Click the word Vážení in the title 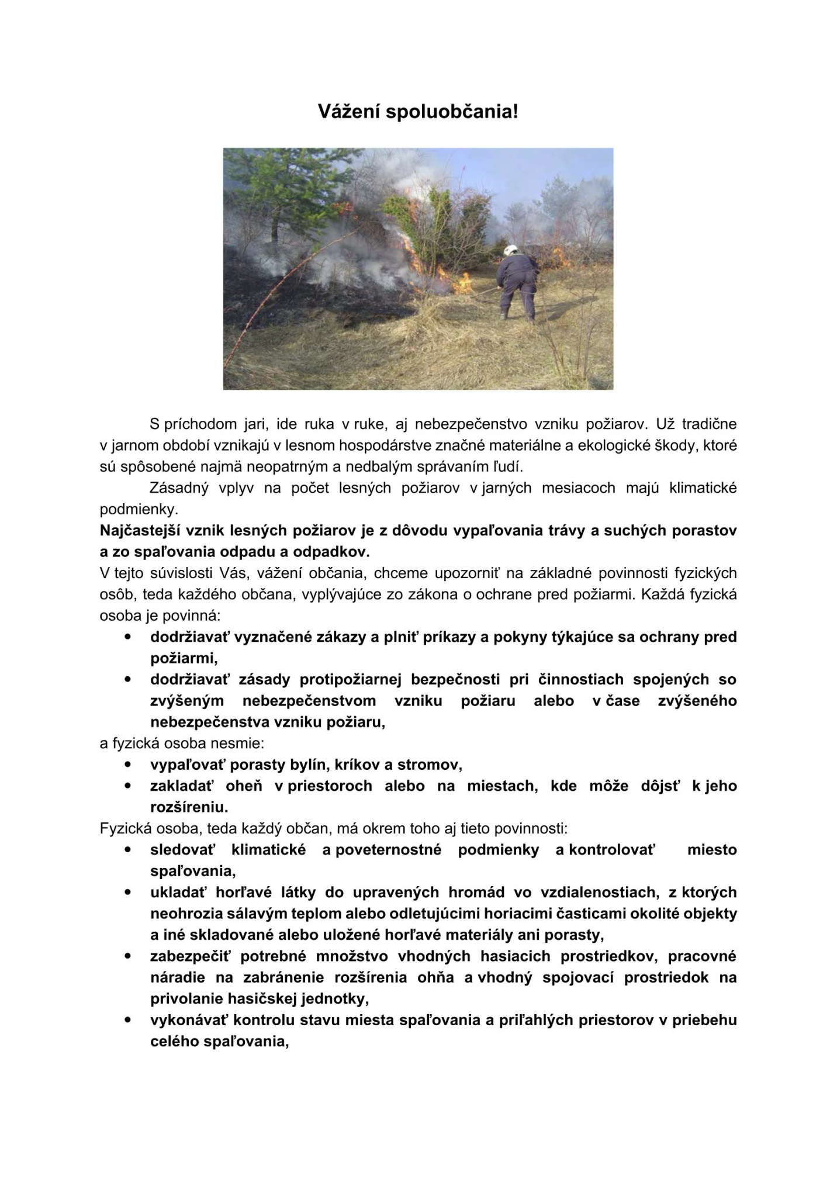tap(348, 112)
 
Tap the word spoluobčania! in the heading tap(451, 112)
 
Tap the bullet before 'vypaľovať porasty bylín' tap(127, 764)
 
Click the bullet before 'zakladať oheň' tap(127, 786)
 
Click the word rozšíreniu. tap(189, 807)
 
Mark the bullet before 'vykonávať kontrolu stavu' tap(127, 1019)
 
